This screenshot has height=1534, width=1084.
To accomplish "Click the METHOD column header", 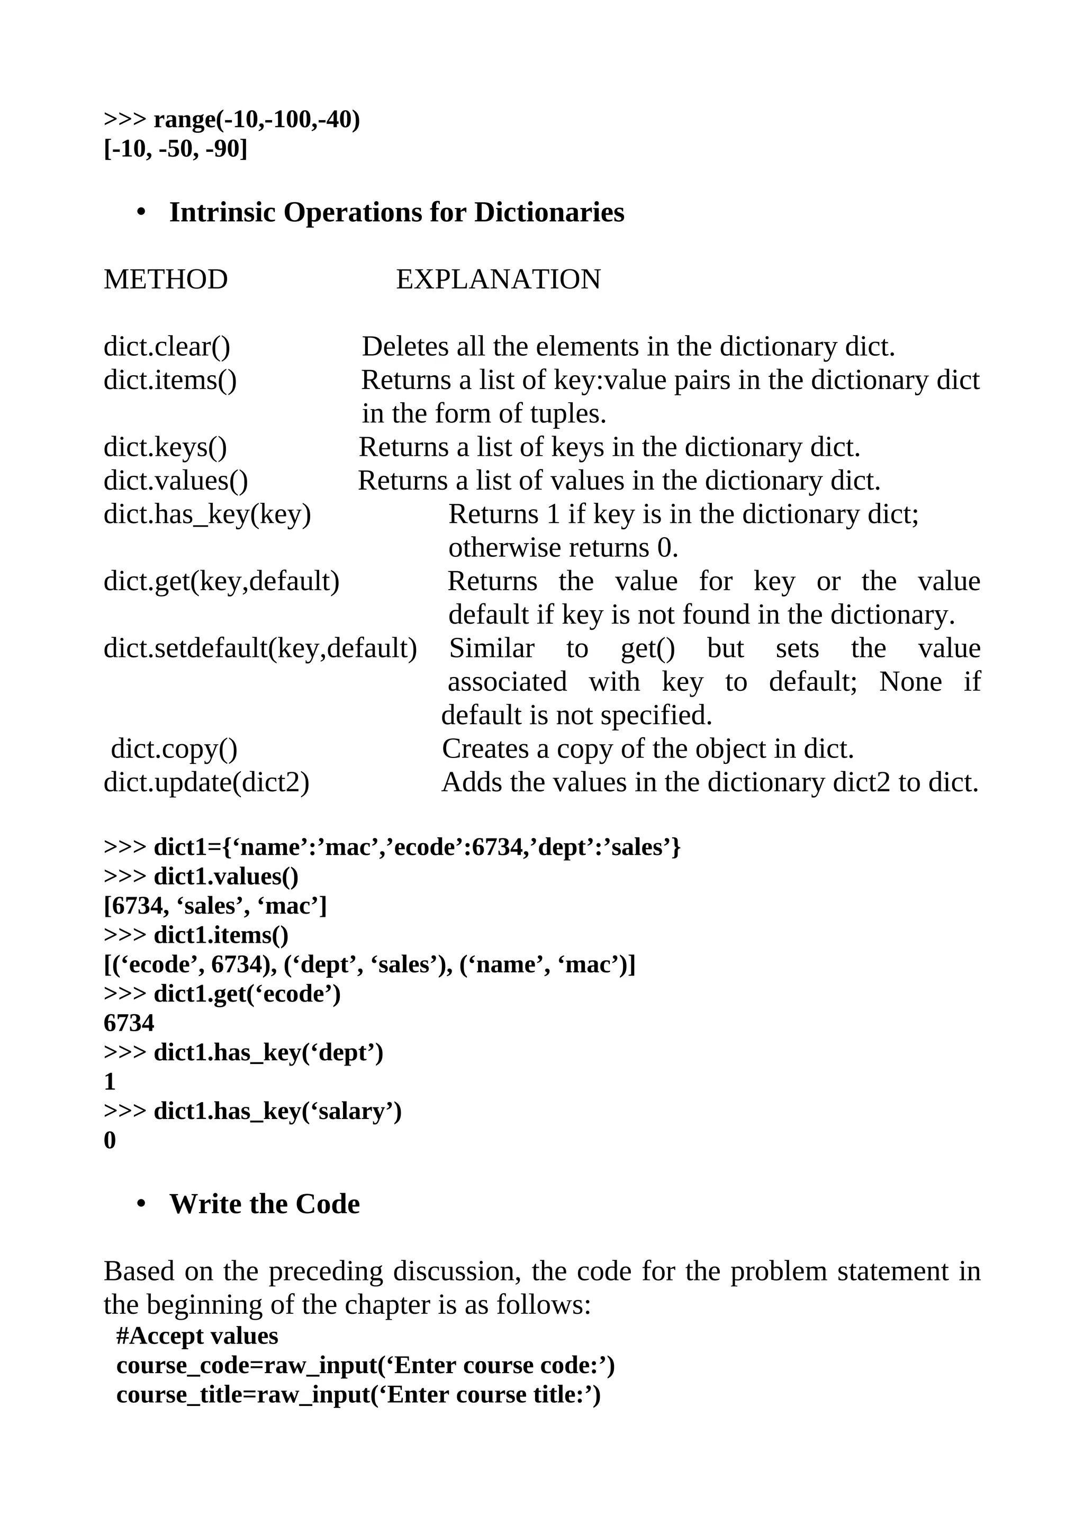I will pyautogui.click(x=166, y=279).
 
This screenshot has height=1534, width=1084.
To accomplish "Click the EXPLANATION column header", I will pyautogui.click(x=498, y=279).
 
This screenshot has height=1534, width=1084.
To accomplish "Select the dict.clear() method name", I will pyautogui.click(x=167, y=347).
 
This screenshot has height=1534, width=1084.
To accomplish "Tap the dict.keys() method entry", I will pyautogui.click(x=165, y=447).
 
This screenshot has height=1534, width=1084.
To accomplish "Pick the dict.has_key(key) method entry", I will pyautogui.click(x=207, y=515).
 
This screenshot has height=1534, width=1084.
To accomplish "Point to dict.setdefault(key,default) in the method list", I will pyautogui.click(x=260, y=648).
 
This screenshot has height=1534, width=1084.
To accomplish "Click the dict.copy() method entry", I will pyautogui.click(x=174, y=749).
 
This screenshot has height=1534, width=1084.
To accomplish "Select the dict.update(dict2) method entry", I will pyautogui.click(x=206, y=782).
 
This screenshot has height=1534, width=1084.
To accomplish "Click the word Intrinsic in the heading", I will pyautogui.click(x=222, y=212).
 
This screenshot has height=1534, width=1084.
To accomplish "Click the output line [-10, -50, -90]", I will pyautogui.click(x=176, y=149).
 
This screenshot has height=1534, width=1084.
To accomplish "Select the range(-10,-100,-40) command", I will pyautogui.click(x=257, y=120).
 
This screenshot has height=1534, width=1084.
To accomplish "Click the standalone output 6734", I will pyautogui.click(x=129, y=1023).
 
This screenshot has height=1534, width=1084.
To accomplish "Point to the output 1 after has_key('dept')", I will pyautogui.click(x=110, y=1081).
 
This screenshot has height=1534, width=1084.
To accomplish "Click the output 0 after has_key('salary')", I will pyautogui.click(x=110, y=1141).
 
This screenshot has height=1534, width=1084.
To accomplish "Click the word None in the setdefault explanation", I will pyautogui.click(x=910, y=681).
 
